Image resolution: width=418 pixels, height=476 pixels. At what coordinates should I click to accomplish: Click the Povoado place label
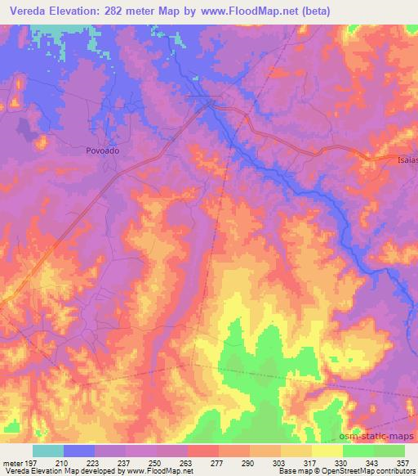tap(102, 150)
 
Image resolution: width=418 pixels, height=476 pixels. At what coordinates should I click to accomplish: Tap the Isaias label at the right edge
tap(404, 160)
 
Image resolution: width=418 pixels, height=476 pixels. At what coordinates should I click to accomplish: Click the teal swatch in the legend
tap(49, 451)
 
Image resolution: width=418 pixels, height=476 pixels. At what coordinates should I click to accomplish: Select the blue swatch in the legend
tap(80, 451)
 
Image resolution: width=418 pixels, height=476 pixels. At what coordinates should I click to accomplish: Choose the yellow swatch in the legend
tap(327, 451)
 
